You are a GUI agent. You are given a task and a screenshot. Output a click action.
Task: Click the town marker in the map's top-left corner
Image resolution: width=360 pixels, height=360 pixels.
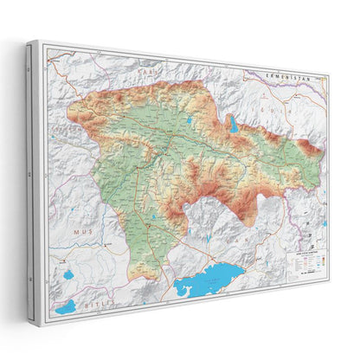pyautogui.click(x=54, y=62)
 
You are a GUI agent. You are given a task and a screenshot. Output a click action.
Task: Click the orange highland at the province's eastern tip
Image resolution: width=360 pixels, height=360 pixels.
pyautogui.click(x=309, y=157)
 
